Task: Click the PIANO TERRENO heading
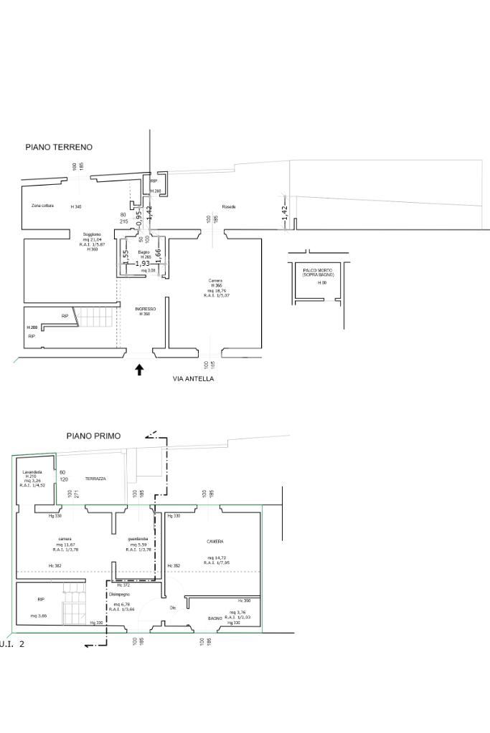(59, 147)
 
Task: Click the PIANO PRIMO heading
(93, 436)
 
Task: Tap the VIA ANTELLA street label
(193, 379)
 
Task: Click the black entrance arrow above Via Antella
(139, 370)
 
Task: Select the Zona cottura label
(42, 206)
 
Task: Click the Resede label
(229, 207)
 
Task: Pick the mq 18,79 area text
(216, 290)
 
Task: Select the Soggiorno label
(92, 234)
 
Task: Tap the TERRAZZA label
(95, 479)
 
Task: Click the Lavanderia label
(32, 472)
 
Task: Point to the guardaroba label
(138, 539)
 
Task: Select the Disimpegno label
(119, 594)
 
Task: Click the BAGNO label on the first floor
(215, 618)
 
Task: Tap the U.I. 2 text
(12, 645)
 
